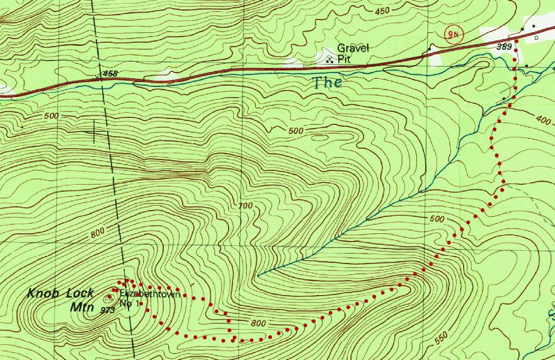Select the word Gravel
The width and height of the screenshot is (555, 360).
[352, 48]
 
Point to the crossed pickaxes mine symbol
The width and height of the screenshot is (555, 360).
[329, 59]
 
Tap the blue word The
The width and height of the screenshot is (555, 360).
[326, 82]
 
